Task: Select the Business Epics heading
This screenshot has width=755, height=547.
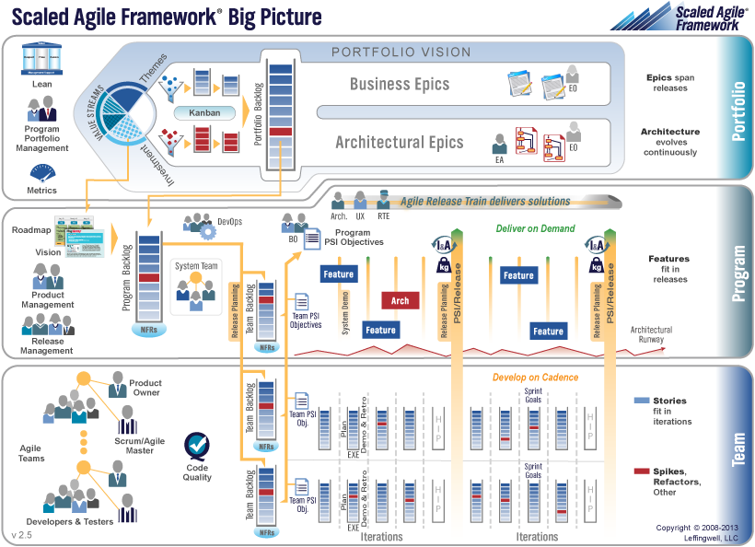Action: point(400,85)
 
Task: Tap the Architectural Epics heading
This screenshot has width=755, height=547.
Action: point(399,142)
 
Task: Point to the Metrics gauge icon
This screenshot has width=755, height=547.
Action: point(41,172)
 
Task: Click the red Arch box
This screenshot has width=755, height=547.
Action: point(401,300)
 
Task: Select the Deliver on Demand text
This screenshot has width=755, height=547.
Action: point(535,228)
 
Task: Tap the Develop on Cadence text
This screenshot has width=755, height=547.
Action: point(534,378)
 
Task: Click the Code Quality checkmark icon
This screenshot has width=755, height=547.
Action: point(197,446)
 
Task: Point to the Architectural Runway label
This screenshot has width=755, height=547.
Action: point(651,334)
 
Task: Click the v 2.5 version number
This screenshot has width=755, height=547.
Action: point(22,534)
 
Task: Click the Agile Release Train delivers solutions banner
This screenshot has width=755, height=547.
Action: point(485,201)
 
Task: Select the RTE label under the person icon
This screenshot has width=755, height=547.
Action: point(383,217)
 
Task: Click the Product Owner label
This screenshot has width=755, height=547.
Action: point(145,388)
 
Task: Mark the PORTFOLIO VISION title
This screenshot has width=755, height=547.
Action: point(401,52)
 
